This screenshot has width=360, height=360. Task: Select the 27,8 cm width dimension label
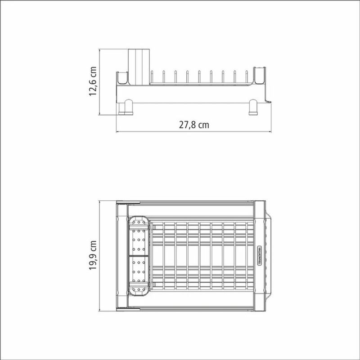click(x=194, y=125)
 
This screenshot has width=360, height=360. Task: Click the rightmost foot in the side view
click(x=254, y=107)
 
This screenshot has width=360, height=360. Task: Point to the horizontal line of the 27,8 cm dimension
click(x=194, y=133)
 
